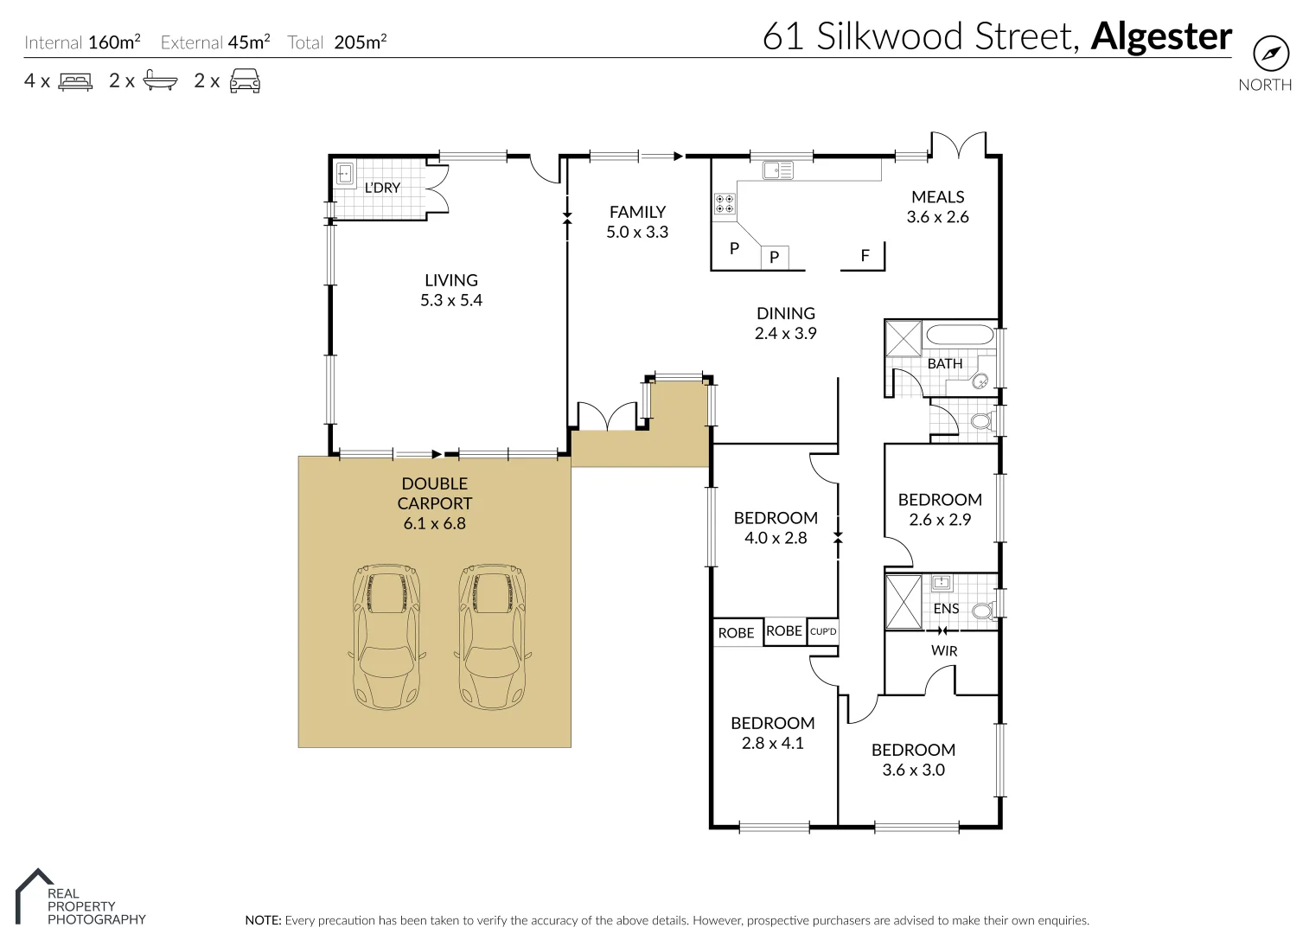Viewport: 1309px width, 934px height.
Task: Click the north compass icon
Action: pos(1270,54)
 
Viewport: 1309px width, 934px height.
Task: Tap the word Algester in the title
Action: pos(1160,36)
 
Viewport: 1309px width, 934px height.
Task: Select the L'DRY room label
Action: pos(382,188)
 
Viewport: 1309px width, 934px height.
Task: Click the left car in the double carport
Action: pos(386,637)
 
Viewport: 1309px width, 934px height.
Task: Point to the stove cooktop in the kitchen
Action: pos(725,204)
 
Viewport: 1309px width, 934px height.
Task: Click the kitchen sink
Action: pos(777,170)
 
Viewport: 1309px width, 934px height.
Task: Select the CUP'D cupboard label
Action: pos(822,631)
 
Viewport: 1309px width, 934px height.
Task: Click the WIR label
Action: pos(943,650)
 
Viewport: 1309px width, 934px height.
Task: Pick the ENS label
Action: pos(946,609)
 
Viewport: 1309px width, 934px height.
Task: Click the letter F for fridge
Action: pos(865,256)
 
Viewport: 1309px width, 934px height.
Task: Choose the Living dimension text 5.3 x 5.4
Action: pos(451,301)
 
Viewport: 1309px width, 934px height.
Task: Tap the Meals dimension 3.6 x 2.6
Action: pos(937,217)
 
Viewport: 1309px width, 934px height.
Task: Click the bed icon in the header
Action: pos(75,81)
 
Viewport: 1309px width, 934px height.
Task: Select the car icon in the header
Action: pos(245,80)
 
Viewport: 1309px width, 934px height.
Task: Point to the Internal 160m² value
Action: pos(114,42)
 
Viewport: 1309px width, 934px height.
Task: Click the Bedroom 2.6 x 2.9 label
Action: pos(940,509)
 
